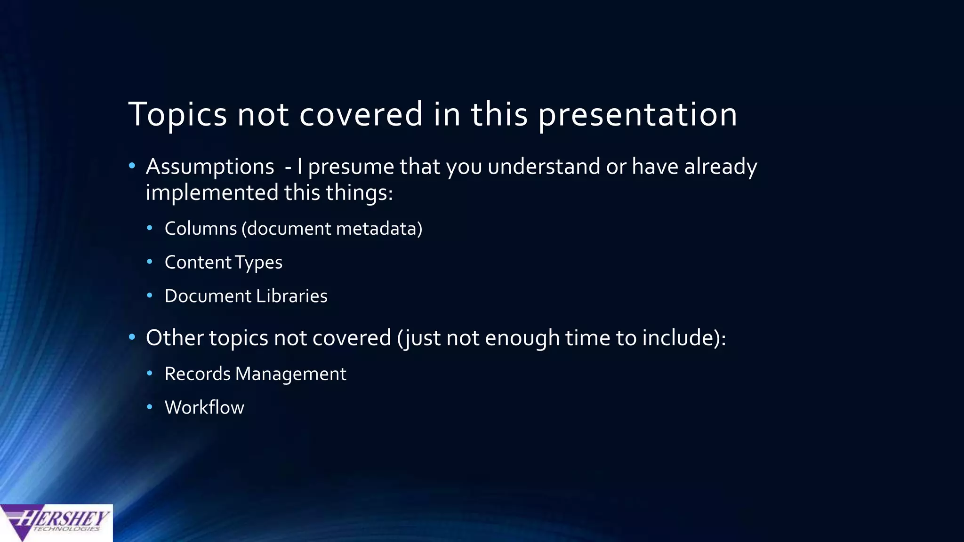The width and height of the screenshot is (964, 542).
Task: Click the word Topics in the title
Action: tap(177, 114)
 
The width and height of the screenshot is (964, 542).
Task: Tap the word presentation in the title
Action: tap(637, 114)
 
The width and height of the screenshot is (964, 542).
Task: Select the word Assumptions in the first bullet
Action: tap(210, 167)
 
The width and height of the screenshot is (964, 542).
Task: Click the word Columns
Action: tap(201, 229)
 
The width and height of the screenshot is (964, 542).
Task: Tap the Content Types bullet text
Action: tap(223, 263)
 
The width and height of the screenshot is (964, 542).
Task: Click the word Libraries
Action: tap(291, 296)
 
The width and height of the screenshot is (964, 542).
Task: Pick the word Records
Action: tap(197, 374)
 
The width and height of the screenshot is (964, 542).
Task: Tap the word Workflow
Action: tap(204, 407)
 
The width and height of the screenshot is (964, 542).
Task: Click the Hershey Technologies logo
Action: tap(56, 523)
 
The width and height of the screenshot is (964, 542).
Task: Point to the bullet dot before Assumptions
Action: tap(132, 166)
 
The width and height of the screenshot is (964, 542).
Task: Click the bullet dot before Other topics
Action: tap(132, 337)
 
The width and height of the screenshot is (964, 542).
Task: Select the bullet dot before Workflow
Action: tap(150, 406)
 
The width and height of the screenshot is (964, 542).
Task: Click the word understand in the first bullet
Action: tap(544, 167)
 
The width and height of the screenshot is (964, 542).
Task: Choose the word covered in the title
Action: tap(361, 114)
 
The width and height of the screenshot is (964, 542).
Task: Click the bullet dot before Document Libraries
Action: tap(150, 295)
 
